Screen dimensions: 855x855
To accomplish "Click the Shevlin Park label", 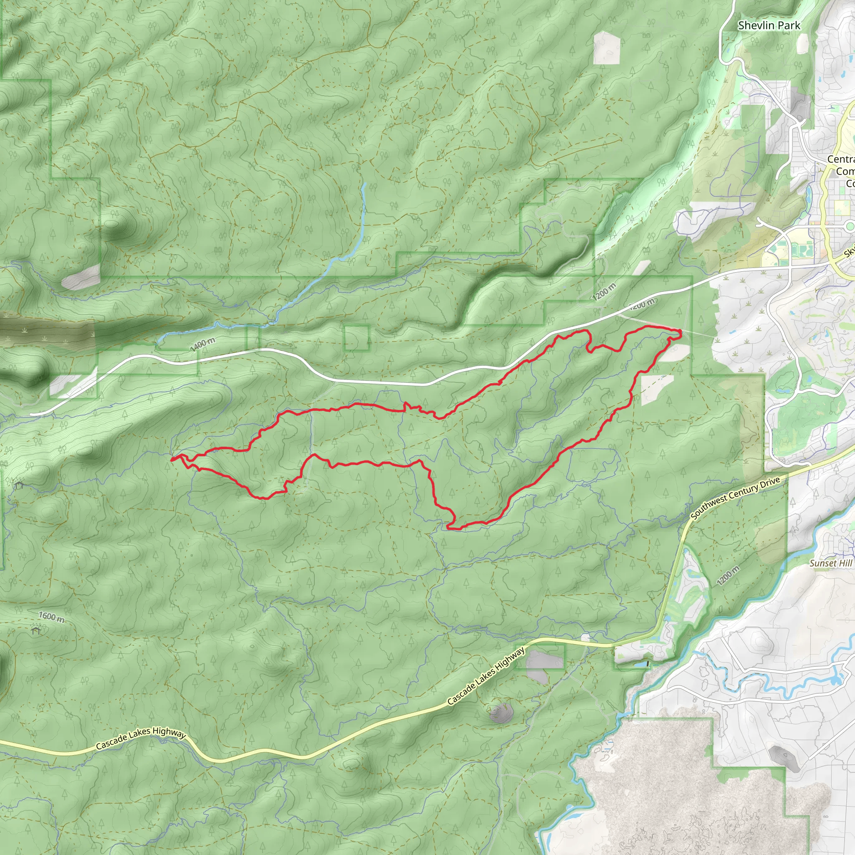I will click(x=769, y=25).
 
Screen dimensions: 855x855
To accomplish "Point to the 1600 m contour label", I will click(x=51, y=617).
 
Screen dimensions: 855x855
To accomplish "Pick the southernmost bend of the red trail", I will click(x=451, y=528).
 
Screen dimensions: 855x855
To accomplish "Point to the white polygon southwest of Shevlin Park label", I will click(x=607, y=47).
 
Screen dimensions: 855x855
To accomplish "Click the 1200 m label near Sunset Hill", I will click(x=729, y=576).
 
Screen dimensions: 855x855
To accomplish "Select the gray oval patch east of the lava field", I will click(x=784, y=759).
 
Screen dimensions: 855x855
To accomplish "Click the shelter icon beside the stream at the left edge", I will click(x=19, y=486).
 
